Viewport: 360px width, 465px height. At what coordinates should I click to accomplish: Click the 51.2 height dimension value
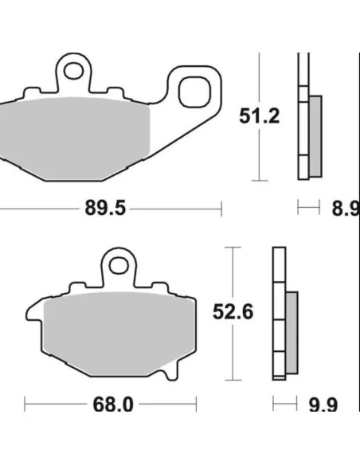(x=259, y=116)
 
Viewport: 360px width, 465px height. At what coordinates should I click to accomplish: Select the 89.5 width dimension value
(x=105, y=208)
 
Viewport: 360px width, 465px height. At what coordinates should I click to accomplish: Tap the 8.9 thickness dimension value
(x=346, y=209)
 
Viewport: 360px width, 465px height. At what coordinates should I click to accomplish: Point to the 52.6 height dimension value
(x=233, y=311)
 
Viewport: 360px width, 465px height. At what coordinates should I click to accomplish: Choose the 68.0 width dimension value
(x=113, y=404)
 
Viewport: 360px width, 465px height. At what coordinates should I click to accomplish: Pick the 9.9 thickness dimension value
(x=323, y=404)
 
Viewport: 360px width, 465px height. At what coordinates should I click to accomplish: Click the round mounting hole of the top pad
(x=73, y=70)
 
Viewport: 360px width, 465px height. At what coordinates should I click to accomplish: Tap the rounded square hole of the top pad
(x=194, y=92)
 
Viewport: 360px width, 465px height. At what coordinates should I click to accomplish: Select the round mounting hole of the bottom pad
(x=119, y=265)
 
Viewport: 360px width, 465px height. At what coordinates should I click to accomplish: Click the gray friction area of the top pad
(x=74, y=138)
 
